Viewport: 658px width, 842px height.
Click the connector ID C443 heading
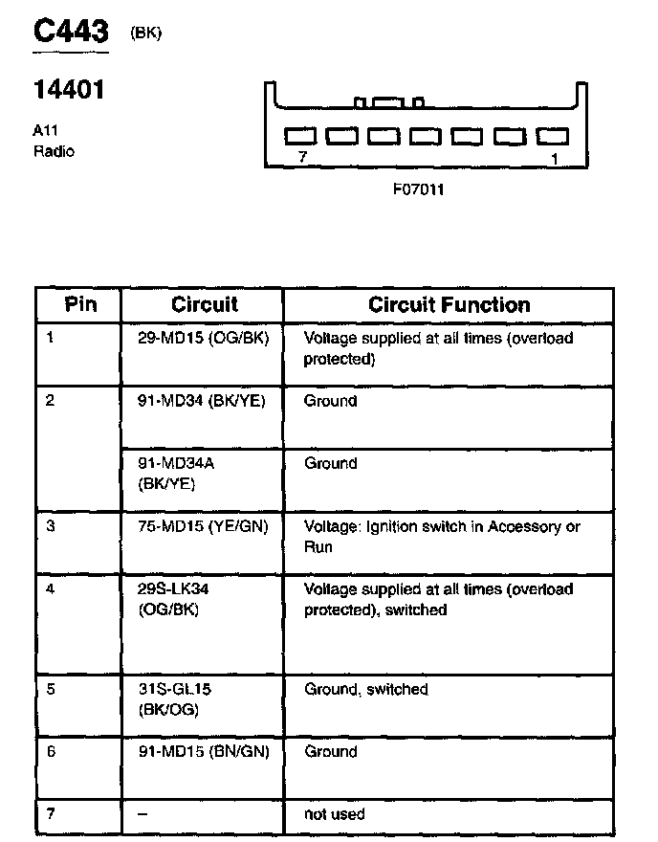71,32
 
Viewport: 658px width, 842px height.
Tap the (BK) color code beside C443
145,33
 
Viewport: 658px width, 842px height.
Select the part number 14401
68,91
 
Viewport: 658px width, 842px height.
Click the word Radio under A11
54,151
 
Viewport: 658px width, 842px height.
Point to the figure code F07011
418,189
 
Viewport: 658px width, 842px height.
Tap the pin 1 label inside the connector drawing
555,159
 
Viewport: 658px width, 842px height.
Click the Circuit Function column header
449,305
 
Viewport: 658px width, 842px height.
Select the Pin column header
80,305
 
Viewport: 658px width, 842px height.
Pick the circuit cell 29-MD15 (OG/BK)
197,339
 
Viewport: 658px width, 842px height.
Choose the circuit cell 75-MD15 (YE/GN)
197,526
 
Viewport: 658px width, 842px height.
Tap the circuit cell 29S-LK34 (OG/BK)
168,599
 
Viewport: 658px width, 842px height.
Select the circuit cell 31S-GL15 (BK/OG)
168,699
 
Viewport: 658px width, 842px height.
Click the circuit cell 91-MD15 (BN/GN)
197,752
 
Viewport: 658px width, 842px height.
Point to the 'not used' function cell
334,814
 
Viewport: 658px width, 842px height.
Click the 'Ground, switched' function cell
365,689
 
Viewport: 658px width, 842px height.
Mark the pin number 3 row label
51,526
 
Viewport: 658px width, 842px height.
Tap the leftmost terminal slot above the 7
300,137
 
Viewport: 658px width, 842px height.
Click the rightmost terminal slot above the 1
553,137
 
